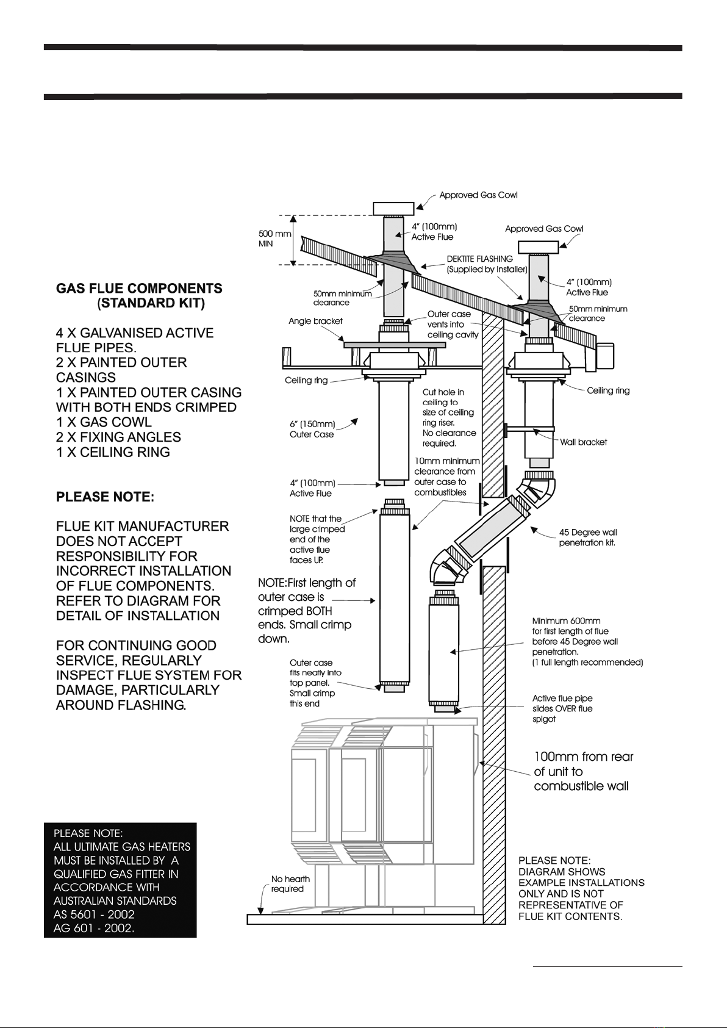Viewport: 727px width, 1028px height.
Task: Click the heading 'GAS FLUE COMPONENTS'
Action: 139,289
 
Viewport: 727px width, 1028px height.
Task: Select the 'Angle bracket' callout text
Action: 315,321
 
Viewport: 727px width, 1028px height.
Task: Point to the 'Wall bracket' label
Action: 584,442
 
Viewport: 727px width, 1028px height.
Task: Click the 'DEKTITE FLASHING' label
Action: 479,259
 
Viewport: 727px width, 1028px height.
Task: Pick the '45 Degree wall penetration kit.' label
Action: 588,537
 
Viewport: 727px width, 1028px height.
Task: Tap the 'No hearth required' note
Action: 290,884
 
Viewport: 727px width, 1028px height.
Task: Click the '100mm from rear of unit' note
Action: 582,771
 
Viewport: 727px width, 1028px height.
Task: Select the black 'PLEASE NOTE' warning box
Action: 120,880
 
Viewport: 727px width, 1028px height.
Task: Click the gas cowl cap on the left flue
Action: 393,208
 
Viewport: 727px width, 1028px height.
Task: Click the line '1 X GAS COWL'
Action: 104,422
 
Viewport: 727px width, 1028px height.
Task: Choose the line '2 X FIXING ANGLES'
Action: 118,437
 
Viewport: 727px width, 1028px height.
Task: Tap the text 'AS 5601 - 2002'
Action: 94,915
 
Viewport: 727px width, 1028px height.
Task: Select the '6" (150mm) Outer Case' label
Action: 312,430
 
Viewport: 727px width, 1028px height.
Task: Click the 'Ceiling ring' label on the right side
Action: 608,390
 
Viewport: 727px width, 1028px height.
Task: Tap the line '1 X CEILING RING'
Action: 113,453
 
